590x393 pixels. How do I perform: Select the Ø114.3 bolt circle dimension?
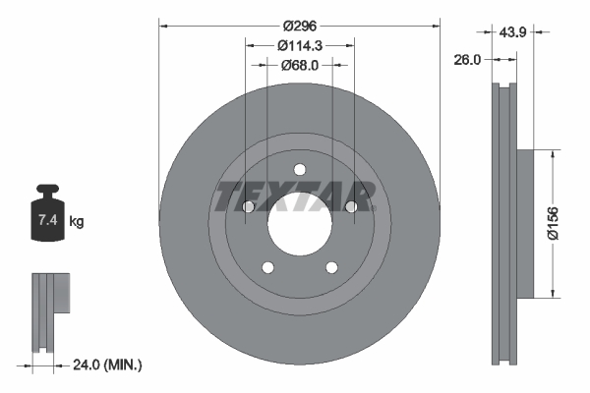click(300, 46)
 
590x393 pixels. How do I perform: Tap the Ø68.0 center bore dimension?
click(300, 66)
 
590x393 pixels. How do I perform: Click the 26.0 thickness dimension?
click(468, 60)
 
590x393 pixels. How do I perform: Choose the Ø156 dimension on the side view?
click(553, 221)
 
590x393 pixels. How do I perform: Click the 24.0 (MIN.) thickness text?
click(107, 365)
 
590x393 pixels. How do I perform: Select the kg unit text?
click(77, 222)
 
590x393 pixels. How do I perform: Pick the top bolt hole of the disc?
click(300, 168)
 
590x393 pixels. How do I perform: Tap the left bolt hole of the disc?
click(249, 206)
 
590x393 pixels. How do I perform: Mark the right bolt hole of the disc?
click(351, 206)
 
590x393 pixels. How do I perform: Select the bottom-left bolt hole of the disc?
click(267, 266)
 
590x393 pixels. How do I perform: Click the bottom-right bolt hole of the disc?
click(331, 266)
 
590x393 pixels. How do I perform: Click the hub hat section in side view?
click(522, 221)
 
